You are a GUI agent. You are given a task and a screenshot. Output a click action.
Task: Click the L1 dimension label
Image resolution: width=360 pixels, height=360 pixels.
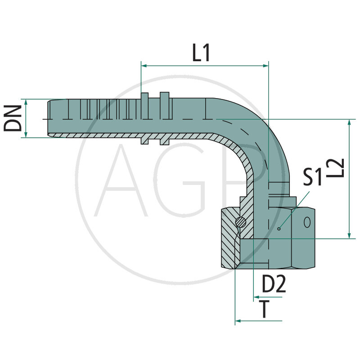point(201,54)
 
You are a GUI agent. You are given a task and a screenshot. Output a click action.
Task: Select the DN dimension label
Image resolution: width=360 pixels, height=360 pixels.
point(13,118)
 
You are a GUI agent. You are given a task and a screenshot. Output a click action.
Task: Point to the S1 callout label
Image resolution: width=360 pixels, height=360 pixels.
point(312,177)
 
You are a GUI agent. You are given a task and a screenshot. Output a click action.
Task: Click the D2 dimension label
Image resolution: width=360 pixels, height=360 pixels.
point(274,284)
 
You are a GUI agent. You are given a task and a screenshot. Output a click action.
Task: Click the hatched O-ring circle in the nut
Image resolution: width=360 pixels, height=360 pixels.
point(241,221)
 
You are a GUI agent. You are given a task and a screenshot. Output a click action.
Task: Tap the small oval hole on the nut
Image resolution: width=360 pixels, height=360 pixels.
point(307,222)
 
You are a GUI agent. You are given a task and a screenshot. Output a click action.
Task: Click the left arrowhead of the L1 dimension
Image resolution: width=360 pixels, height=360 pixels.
point(144,66)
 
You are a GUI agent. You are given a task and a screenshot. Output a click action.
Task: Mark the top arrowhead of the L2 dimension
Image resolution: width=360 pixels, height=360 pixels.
point(349,123)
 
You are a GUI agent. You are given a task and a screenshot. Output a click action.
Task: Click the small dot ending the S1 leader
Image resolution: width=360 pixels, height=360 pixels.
point(279,229)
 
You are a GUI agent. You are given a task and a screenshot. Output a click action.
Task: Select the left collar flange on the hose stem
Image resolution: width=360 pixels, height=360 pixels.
point(144,119)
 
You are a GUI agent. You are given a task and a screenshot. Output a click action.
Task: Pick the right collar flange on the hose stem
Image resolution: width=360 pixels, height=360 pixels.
point(164,119)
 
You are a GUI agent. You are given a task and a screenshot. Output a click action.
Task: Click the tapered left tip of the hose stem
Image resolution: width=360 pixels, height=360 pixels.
point(49,118)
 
